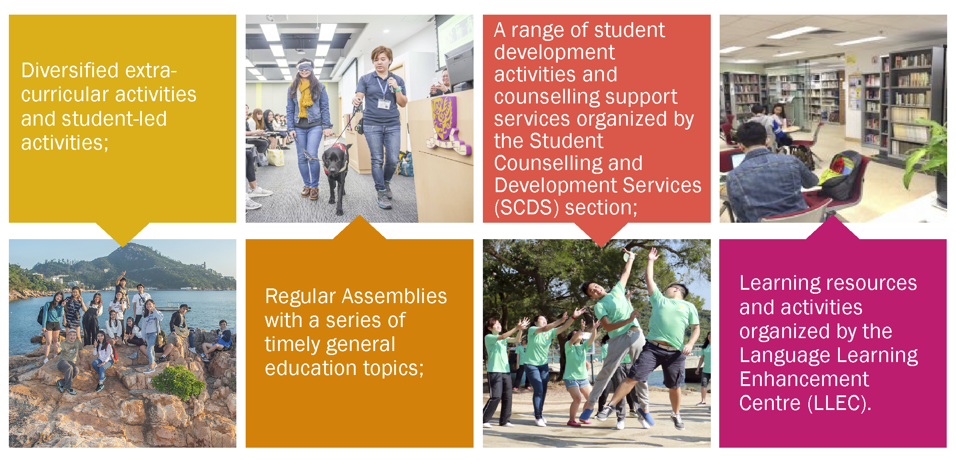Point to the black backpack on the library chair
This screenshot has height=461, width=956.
[x=840, y=175]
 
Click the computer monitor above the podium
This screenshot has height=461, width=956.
[x=459, y=69]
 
